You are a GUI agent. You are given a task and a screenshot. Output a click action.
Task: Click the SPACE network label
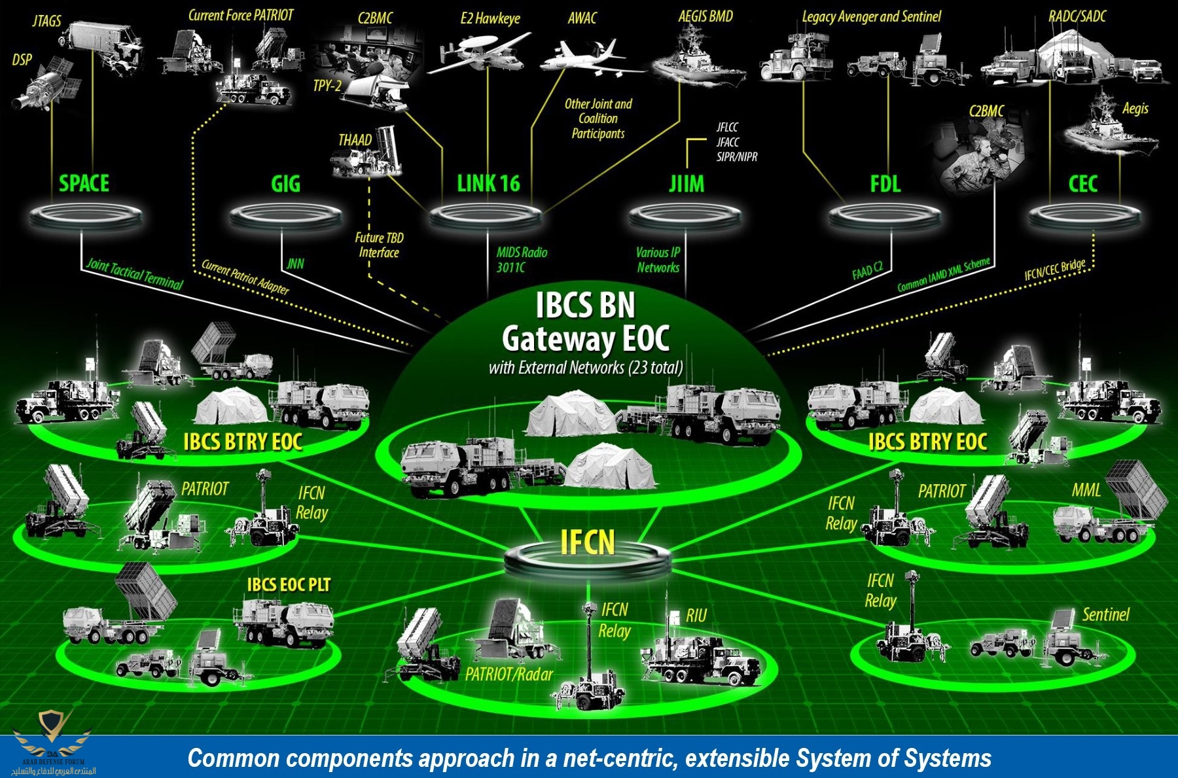pos(84,183)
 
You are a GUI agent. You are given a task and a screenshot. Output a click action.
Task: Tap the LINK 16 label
pos(488,184)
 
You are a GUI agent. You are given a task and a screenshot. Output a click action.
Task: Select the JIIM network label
pos(687,184)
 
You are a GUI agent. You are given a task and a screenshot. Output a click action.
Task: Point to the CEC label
pos(1082,184)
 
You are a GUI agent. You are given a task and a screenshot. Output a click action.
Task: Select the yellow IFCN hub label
pos(588,542)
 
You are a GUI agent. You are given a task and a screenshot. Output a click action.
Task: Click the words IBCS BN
pos(585,305)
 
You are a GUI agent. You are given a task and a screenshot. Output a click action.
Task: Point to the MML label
pos(1086,490)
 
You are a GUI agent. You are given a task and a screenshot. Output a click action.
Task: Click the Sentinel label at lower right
pos(1105,614)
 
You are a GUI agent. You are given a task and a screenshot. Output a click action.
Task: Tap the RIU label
pos(696,616)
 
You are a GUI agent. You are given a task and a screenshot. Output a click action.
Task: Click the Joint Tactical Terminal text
pos(135,274)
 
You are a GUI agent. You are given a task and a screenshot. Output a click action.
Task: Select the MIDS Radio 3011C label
pos(521,260)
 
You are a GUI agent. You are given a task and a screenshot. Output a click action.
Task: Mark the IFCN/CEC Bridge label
pos(1054,270)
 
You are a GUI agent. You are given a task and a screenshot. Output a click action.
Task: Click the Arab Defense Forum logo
pos(52,743)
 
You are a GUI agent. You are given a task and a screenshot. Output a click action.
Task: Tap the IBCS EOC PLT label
pos(289,584)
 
